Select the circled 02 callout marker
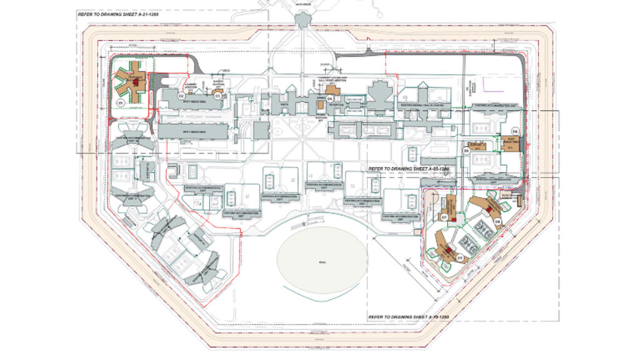181,97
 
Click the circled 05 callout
466,151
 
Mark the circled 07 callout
444,217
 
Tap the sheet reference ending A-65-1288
409,169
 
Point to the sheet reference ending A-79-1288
409,316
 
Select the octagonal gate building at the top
303,19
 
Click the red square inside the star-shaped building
134,81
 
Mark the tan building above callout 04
333,91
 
